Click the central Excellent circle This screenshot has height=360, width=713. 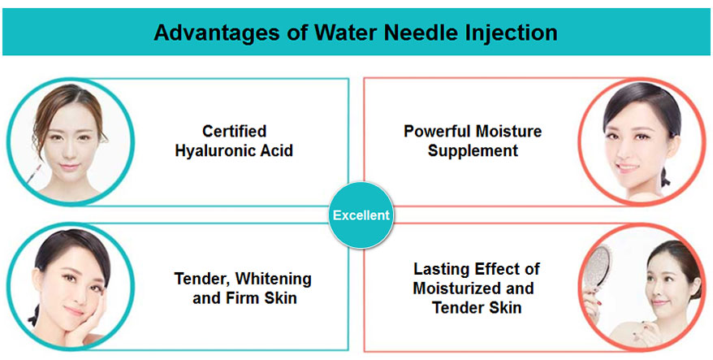tap(361, 215)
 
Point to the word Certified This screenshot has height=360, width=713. tap(234, 131)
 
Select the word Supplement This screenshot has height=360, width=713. tap(473, 150)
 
